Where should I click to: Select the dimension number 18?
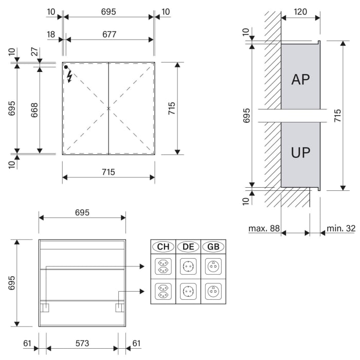click(x=51, y=34)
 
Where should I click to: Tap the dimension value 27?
click(x=34, y=52)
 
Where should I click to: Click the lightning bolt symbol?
click(x=69, y=77)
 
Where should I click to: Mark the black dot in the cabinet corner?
click(x=66, y=67)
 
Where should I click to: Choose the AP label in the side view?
click(x=301, y=79)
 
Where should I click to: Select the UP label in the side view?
click(x=301, y=153)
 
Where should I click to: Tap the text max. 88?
click(x=263, y=228)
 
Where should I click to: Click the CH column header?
click(x=163, y=247)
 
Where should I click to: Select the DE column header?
click(x=188, y=247)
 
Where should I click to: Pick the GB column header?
click(x=213, y=247)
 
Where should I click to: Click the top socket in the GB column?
click(x=213, y=266)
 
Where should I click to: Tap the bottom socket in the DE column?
click(x=188, y=291)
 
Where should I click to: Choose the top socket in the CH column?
click(x=163, y=266)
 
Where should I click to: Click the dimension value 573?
click(x=82, y=343)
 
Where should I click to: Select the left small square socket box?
click(x=45, y=308)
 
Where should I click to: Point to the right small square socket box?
click(x=119, y=308)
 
